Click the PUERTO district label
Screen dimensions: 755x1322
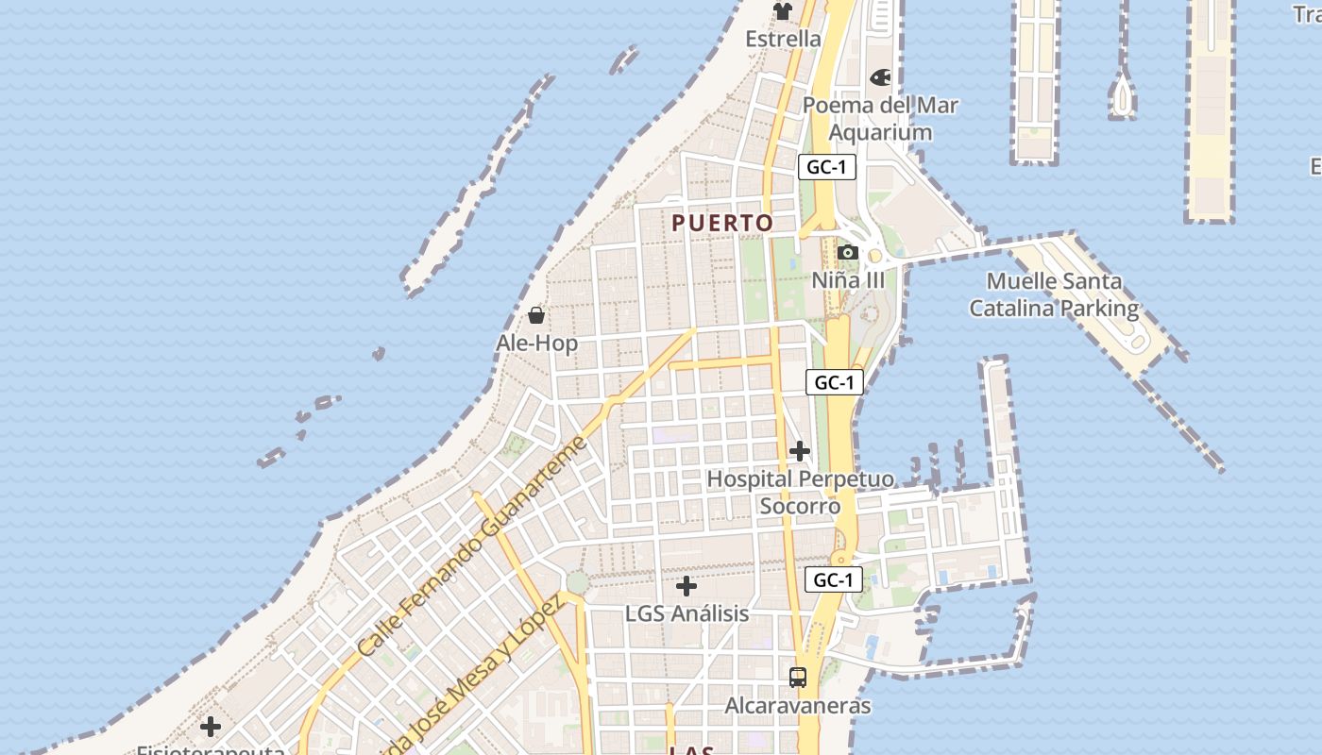click(722, 223)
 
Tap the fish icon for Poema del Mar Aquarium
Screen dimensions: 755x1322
click(880, 77)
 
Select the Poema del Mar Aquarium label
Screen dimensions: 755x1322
click(880, 119)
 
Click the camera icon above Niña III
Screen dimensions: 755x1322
click(848, 252)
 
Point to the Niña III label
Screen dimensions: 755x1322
click(848, 280)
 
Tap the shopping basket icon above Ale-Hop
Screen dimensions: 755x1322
click(536, 314)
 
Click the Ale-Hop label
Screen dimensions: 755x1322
click(536, 343)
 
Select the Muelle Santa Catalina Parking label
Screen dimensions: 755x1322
click(1054, 294)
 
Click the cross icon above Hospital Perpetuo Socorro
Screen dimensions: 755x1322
click(800, 450)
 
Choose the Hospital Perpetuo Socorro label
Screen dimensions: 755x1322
click(799, 493)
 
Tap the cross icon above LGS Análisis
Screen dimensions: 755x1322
click(686, 586)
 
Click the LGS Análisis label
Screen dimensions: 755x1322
click(686, 613)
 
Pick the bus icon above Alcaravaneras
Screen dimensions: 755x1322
click(798, 677)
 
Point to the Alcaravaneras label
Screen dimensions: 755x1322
click(798, 705)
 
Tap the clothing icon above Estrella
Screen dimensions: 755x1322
click(783, 11)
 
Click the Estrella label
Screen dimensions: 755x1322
click(783, 39)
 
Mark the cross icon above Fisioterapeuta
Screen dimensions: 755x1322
click(211, 726)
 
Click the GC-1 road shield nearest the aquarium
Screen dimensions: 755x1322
click(827, 167)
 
